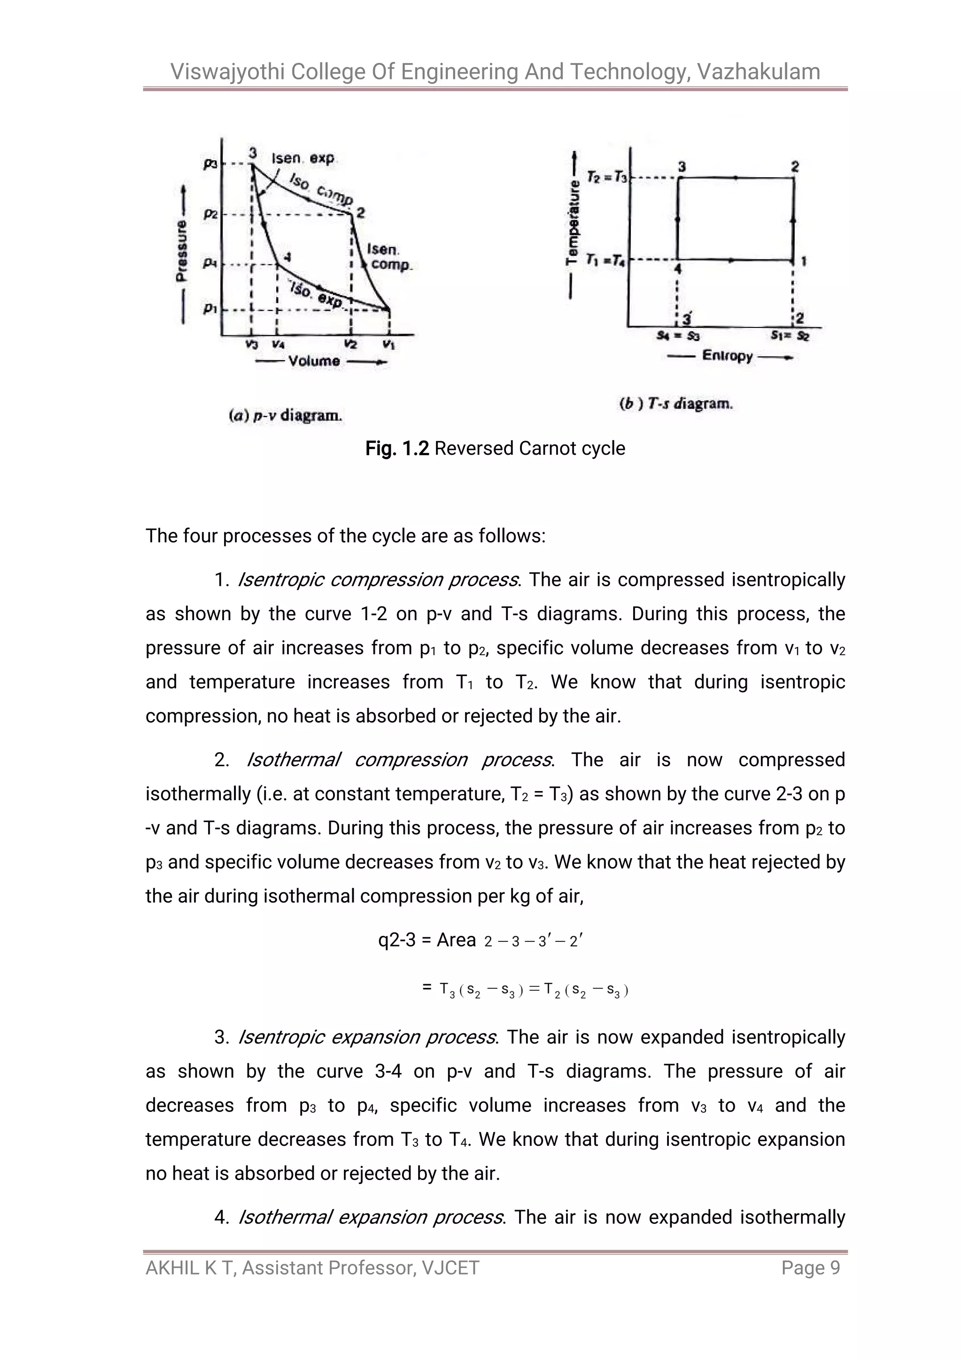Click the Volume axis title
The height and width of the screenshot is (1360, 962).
coord(314,361)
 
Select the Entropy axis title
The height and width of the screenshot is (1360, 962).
coord(728,356)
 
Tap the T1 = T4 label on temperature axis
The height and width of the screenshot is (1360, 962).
coord(605,259)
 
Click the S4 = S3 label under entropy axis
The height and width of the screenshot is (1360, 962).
coord(678,336)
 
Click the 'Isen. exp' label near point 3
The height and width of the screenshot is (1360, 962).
coord(303,158)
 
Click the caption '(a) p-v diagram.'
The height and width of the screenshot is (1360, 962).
coord(285,415)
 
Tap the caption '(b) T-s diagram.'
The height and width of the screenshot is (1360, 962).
coord(675,404)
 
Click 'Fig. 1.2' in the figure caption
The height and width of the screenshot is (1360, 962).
coord(396,448)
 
